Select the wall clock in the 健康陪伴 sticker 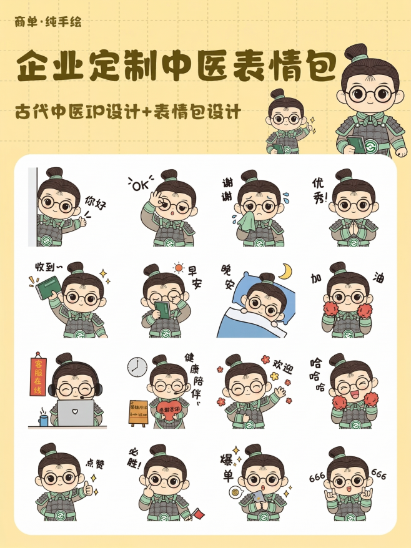coord(136,367)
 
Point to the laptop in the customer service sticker coord(75,413)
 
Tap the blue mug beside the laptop coord(43,419)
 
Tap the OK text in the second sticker coord(142,185)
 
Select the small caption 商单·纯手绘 coord(48,23)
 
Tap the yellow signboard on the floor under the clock coord(138,412)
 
